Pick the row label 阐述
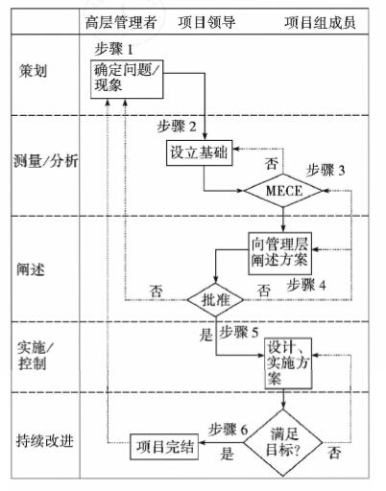29,267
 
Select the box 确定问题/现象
128,78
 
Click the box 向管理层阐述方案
280,251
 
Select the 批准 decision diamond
214,300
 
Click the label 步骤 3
347,168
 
